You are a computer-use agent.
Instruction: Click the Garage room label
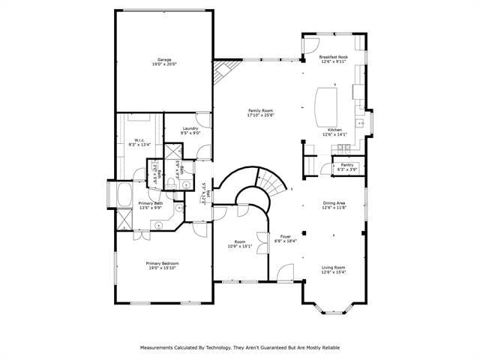[163, 59]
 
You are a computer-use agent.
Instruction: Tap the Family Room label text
[259, 111]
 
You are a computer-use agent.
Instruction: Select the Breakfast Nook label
[332, 57]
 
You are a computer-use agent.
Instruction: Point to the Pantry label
[346, 164]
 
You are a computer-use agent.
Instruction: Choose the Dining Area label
[334, 202]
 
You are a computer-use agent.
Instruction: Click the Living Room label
[334, 267]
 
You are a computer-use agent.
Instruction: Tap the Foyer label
[285, 237]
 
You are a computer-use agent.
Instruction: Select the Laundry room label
[190, 129]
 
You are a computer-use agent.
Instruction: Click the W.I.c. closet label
[140, 140]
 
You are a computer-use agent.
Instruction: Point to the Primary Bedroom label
[162, 263]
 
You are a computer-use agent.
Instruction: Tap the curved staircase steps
[271, 181]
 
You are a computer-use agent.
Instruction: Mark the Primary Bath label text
[151, 203]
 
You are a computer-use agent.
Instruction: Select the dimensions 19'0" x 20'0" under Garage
[163, 64]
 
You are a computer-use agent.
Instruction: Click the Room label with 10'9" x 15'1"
[238, 242]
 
